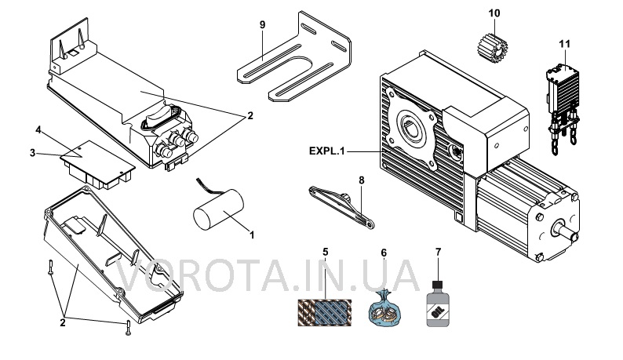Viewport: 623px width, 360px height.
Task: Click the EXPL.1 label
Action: [326, 151]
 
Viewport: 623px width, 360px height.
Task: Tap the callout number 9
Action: [262, 24]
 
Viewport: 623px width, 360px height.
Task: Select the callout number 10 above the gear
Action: [494, 13]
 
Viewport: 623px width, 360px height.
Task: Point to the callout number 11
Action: [564, 44]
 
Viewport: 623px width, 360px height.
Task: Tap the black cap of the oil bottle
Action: [438, 284]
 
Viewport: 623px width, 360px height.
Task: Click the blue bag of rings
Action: [384, 308]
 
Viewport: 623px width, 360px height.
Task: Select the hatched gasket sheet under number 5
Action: [325, 312]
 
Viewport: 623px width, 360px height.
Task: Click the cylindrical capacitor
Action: [218, 209]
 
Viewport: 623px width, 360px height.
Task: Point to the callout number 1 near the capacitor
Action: [252, 235]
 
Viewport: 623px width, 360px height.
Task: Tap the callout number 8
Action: [362, 180]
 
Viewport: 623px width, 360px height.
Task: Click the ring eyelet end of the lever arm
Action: [370, 224]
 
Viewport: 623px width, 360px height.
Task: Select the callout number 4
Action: [38, 130]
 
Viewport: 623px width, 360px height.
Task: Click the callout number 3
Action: [33, 153]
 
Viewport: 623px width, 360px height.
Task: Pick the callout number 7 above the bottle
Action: [438, 252]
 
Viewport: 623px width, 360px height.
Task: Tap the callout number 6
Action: [384, 253]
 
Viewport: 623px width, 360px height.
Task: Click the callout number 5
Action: [326, 252]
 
